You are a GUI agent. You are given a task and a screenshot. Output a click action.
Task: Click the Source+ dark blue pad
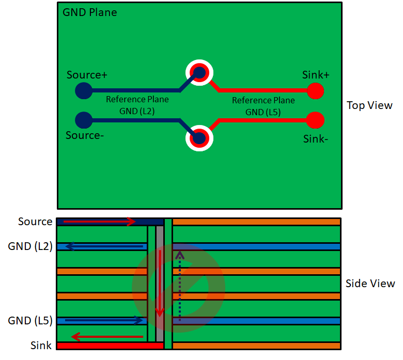click(83, 91)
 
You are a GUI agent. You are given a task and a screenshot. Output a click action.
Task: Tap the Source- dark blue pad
click(83, 120)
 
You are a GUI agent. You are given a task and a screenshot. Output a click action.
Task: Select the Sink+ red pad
click(315, 91)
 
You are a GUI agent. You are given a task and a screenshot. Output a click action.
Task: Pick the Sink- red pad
click(315, 120)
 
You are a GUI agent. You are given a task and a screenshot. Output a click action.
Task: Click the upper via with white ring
click(199, 72)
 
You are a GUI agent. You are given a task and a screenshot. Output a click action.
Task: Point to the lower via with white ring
click(199, 138)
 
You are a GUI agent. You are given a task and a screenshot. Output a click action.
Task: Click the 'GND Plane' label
click(89, 12)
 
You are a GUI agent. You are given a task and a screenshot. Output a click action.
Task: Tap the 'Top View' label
click(369, 105)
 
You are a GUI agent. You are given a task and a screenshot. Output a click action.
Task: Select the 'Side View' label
click(370, 284)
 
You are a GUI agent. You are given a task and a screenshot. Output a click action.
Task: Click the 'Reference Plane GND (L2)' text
click(130, 105)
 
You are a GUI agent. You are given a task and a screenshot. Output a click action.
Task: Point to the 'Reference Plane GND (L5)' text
click(263, 106)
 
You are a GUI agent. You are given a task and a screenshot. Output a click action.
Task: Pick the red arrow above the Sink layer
click(107, 337)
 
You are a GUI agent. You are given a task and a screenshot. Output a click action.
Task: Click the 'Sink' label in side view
click(41, 345)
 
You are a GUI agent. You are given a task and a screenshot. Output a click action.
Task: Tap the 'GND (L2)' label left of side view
click(30, 246)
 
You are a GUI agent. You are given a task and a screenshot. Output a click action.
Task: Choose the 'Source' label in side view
click(35, 222)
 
